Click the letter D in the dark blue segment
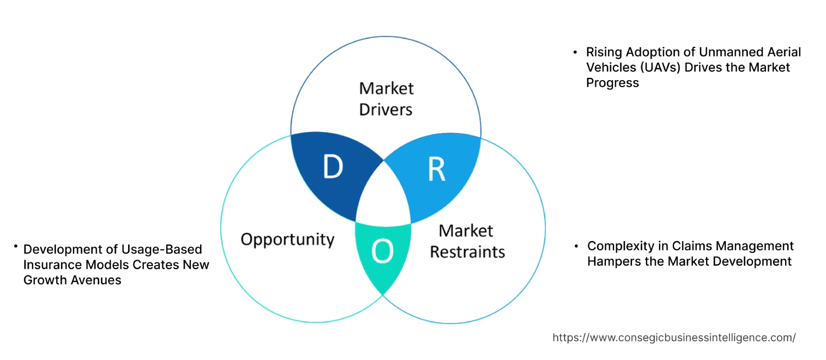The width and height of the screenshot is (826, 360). pos(332,167)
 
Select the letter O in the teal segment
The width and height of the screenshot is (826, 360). pos(382,251)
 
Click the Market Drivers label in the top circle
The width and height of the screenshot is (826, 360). pos(386,99)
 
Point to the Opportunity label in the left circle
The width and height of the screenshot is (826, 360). pos(287,239)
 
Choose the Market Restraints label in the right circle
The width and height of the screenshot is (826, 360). pos(467,241)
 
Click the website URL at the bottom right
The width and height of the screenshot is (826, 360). pos(674,338)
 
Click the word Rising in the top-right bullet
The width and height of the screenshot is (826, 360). pos(603,52)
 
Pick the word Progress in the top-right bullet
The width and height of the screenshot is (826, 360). pos(612,82)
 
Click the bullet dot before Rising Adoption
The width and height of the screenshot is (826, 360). pos(575,52)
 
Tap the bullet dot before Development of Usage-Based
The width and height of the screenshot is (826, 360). pos(16,247)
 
